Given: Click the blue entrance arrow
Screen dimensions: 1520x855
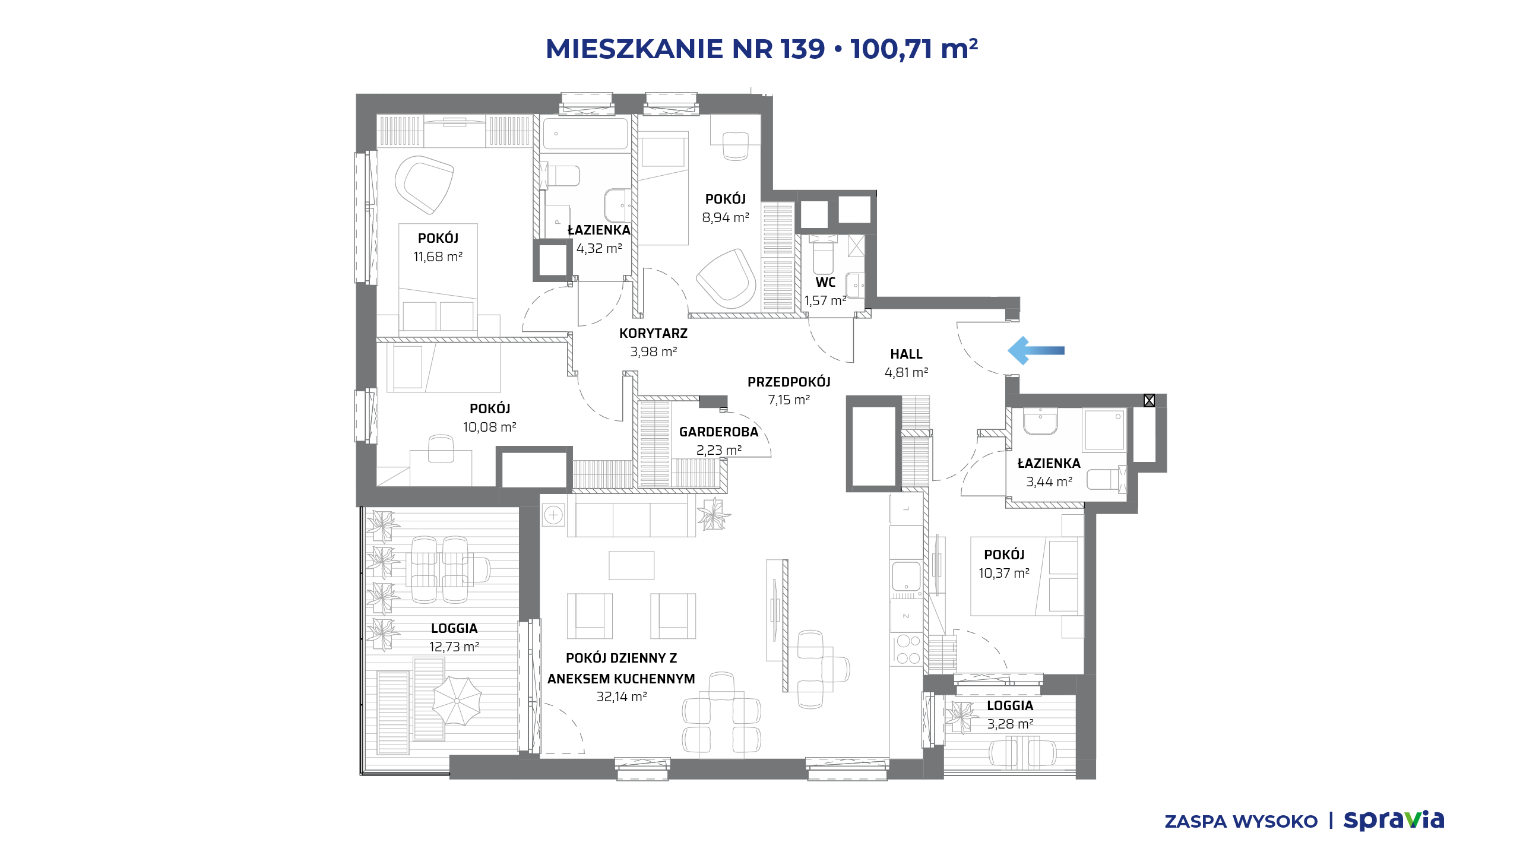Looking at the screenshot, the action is (x=1035, y=350).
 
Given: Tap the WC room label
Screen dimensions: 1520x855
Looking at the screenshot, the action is (x=825, y=283).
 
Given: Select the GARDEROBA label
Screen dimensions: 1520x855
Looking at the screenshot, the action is (x=718, y=432).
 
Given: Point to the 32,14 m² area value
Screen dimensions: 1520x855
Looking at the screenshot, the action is (x=622, y=696).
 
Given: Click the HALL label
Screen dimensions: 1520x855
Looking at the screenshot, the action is (x=906, y=354).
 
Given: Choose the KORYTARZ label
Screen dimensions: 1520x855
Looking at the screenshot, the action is (x=653, y=333).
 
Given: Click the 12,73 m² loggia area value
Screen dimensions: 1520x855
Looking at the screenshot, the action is (x=454, y=647).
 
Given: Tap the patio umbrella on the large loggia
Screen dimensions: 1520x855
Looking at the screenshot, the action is (x=457, y=701).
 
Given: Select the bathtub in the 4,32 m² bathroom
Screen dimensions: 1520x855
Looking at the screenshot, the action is (x=585, y=134).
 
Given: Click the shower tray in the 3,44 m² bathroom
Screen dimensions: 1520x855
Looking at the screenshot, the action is (x=1105, y=430).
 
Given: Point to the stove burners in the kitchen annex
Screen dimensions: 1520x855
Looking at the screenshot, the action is (x=908, y=649).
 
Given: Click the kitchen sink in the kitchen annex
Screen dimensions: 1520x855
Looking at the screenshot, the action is (x=906, y=575).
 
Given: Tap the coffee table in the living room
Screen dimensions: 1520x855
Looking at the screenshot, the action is (x=631, y=565).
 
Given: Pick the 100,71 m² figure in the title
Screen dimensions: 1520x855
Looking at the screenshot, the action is (x=914, y=49).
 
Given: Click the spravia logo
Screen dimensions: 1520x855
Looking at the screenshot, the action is (x=1394, y=820).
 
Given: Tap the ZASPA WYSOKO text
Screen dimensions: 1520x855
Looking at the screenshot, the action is (x=1241, y=821).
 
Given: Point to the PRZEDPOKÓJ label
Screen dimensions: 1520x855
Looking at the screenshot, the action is (x=788, y=382).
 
